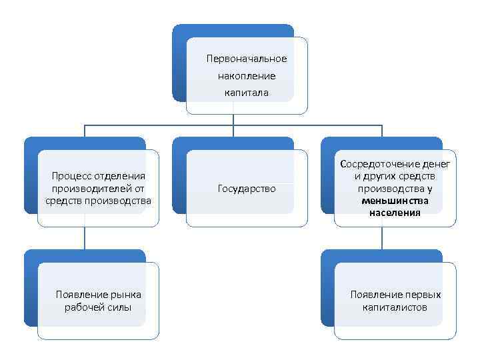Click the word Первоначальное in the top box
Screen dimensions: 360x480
pyautogui.click(x=247, y=59)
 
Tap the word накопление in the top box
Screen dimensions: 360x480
pyautogui.click(x=247, y=76)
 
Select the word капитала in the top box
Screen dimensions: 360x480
pyautogui.click(x=247, y=93)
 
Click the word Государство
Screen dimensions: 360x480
pyautogui.click(x=247, y=189)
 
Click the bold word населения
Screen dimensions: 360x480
pyautogui.click(x=395, y=213)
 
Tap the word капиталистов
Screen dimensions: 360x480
pyautogui.click(x=395, y=307)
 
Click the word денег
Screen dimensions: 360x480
pyautogui.click(x=436, y=163)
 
